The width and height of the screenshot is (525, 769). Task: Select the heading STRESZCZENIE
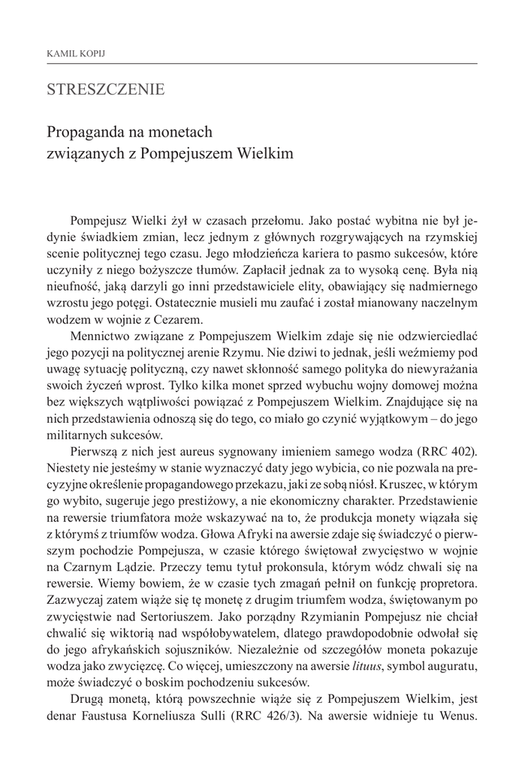105,90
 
